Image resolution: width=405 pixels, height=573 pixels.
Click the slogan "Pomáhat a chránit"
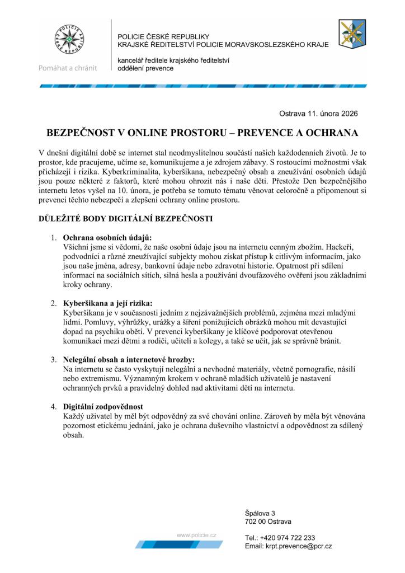click(68, 68)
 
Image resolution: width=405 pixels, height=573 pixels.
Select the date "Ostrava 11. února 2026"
click(318, 113)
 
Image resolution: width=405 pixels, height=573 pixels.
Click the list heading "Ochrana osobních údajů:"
click(107, 237)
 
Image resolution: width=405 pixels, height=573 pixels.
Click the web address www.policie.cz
click(196, 535)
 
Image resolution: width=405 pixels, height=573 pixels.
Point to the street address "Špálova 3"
click(260, 513)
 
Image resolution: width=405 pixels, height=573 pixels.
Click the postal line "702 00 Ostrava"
click(268, 522)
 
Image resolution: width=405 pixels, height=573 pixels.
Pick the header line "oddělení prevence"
click(145, 68)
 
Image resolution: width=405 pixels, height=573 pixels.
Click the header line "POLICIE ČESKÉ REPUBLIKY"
click(163, 36)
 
